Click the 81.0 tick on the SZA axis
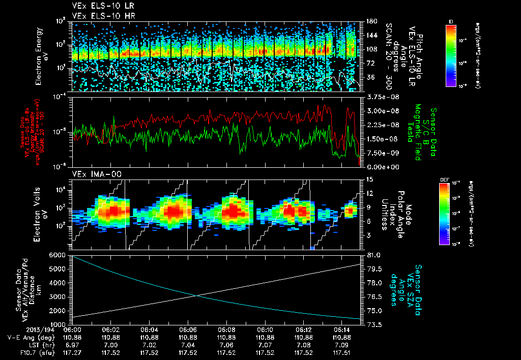coord(371,255)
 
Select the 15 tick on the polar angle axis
coord(368,179)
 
